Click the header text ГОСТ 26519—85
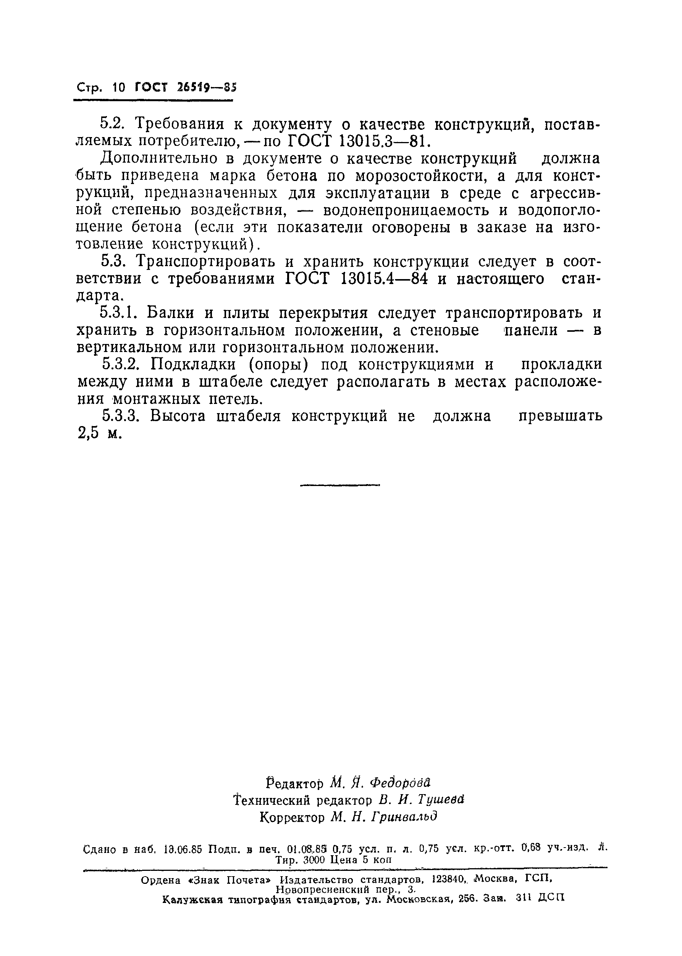click(186, 88)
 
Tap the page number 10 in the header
click(119, 88)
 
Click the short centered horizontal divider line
click(340, 485)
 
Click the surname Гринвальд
click(405, 817)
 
